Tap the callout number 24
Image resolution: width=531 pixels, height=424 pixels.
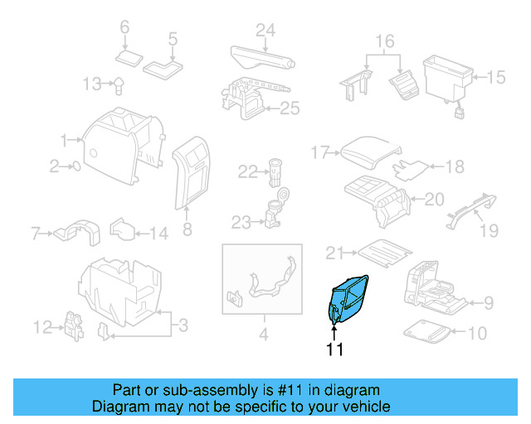[265, 31]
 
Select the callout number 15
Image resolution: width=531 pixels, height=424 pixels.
[495, 77]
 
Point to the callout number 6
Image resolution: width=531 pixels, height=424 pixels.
[125, 27]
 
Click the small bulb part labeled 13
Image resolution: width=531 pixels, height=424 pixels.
[120, 83]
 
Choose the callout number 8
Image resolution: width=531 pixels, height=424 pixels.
[187, 229]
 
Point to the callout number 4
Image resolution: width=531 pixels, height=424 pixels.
[263, 335]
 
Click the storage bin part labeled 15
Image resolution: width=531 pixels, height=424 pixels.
[448, 75]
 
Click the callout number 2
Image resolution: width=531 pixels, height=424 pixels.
[55, 166]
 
